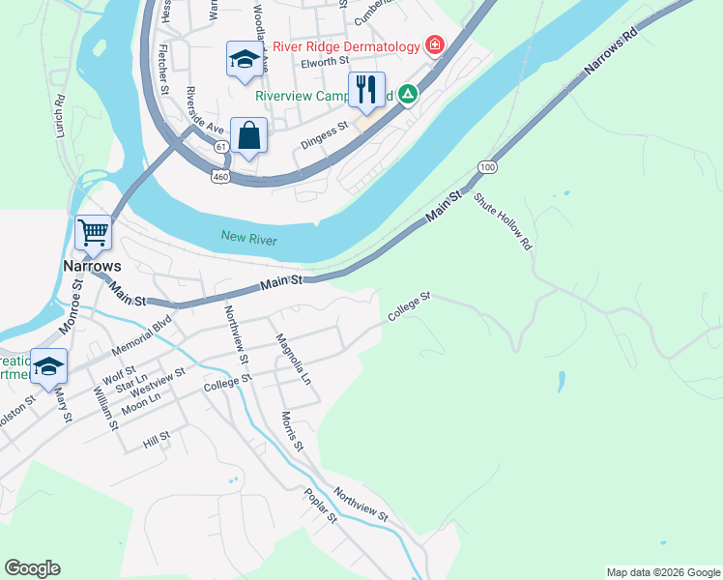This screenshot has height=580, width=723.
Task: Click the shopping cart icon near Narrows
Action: coord(94,232)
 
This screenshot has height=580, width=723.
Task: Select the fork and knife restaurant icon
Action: coord(366,89)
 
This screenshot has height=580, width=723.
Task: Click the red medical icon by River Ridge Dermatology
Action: coord(434,45)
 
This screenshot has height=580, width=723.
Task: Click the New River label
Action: coord(248,238)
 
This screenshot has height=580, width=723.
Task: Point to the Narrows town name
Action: coord(93,266)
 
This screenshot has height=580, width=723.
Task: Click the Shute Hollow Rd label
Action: coord(503,221)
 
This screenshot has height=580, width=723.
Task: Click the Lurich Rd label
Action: coord(60,114)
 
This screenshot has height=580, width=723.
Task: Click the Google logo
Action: coord(32,568)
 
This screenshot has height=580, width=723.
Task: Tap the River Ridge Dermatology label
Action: coord(346,46)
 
